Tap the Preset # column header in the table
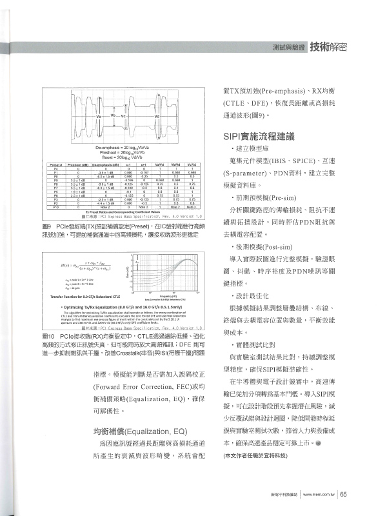57,166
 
